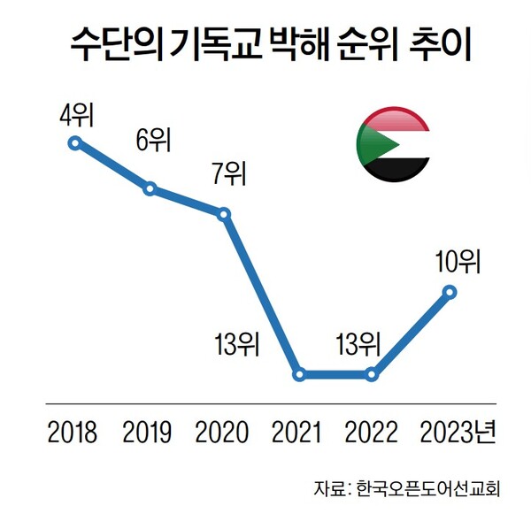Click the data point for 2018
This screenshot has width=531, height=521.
pos(75,142)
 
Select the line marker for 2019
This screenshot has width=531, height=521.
pos(150,188)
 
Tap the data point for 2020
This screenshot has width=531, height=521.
pos(224,214)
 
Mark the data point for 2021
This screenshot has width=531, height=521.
pos(299,375)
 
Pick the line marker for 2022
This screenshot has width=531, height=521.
pos(373,375)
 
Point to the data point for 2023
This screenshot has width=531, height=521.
pos(449,291)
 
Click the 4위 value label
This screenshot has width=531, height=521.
pos(75,115)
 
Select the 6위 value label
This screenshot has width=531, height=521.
pos(152,141)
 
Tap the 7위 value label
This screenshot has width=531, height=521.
pos(227,173)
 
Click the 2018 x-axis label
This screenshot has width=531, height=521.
pos(73,433)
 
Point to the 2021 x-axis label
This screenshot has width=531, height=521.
pos(298,433)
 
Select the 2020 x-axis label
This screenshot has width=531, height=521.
pos(223,433)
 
